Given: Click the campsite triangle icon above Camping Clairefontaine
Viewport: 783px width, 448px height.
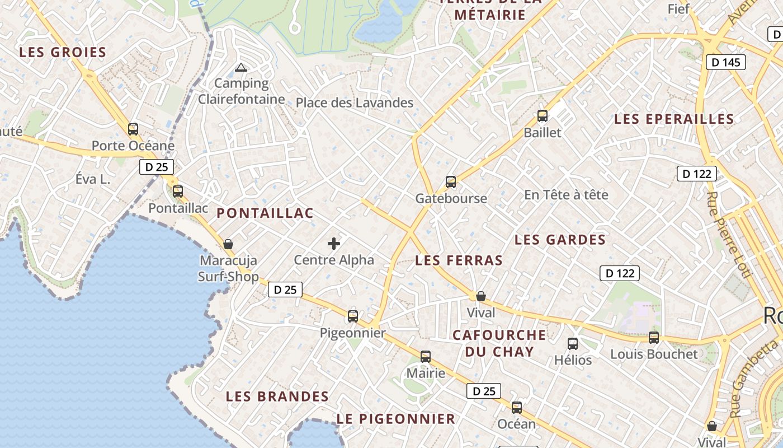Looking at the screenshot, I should click(x=241, y=68).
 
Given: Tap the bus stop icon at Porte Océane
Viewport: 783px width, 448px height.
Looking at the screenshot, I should click(x=133, y=129).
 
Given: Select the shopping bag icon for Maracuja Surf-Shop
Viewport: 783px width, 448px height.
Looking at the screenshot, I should click(x=228, y=244).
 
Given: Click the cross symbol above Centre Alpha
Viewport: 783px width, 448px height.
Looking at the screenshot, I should click(x=334, y=244).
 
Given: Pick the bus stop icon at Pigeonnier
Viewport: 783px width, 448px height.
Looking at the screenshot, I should click(x=352, y=316).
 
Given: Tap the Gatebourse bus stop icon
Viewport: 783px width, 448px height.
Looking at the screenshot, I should click(x=451, y=182).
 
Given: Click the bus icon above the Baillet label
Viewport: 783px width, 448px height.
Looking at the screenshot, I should click(x=542, y=116).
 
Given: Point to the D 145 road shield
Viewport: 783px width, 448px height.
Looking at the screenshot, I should click(x=726, y=62).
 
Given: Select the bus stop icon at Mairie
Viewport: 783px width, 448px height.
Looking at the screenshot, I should click(x=426, y=357).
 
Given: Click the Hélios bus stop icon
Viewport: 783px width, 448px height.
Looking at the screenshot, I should click(x=573, y=344).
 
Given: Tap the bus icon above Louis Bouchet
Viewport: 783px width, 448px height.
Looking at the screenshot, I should click(x=654, y=338).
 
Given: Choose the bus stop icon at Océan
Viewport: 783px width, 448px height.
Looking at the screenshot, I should click(x=517, y=408).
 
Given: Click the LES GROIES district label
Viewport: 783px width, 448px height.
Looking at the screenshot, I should click(x=63, y=53).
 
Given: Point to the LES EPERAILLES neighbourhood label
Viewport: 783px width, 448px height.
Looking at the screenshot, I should click(x=674, y=119).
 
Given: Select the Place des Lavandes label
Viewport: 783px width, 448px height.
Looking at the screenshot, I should click(x=355, y=102).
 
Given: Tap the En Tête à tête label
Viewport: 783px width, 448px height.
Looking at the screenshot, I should click(x=566, y=195).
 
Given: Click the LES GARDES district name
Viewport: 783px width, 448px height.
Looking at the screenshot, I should click(x=560, y=240).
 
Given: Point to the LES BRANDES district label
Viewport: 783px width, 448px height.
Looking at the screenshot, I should click(x=277, y=396).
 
